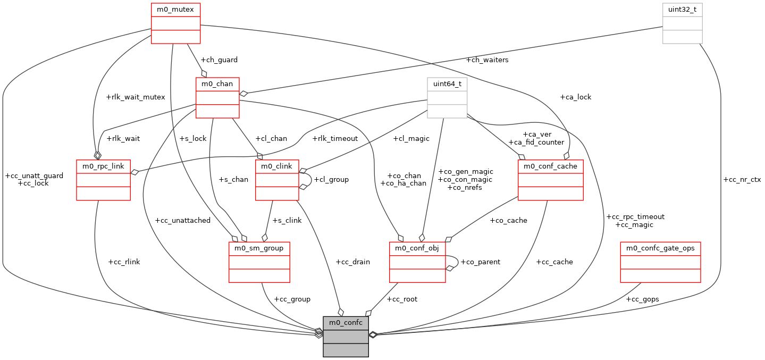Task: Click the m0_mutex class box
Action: [x=175, y=23]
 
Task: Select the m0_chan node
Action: [x=217, y=97]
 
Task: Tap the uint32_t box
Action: [x=682, y=23]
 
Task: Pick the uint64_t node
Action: [x=447, y=97]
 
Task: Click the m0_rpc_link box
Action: [x=103, y=180]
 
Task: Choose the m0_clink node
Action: [x=277, y=180]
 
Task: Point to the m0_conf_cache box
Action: [x=550, y=180]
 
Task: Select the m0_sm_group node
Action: [x=259, y=262]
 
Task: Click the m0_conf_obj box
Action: [x=417, y=262]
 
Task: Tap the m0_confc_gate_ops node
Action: [x=660, y=262]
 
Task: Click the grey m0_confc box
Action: [x=346, y=336]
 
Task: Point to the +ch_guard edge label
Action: [x=218, y=60]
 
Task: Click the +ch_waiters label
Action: [x=486, y=60]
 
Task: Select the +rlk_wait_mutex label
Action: [x=136, y=97]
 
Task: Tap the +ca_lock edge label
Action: [x=575, y=97]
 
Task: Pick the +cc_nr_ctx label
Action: [x=742, y=180]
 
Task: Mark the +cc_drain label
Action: [x=352, y=262]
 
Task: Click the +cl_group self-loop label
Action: [x=331, y=180]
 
